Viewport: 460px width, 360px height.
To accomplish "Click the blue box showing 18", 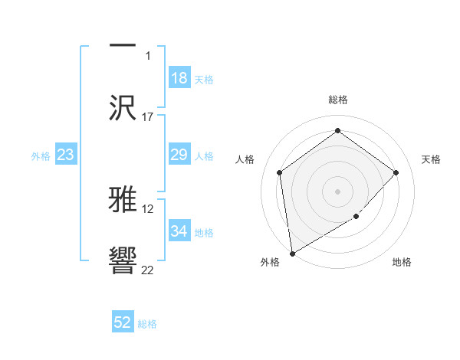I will tap(179, 78).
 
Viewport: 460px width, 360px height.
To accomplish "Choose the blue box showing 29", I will tap(179, 155).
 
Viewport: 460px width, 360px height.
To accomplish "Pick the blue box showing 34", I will tap(179, 231).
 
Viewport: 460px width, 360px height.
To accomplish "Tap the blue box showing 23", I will tap(66, 155).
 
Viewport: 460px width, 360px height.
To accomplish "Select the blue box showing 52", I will tap(123, 322).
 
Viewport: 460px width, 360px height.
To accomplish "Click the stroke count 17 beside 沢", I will tap(148, 117).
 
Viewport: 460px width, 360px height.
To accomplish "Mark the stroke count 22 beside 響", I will tap(148, 270).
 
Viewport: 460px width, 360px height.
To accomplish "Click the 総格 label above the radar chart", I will tap(338, 100).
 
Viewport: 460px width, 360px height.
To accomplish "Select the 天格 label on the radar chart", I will tap(431, 159).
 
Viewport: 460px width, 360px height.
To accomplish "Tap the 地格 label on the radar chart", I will tap(402, 262).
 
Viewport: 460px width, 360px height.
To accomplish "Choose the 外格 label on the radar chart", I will tap(270, 262).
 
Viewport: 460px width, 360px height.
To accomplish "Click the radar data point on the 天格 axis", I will tap(396, 172).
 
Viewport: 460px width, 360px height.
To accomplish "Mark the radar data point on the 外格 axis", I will tap(292, 253).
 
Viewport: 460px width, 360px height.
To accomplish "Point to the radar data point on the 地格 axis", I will tap(356, 217).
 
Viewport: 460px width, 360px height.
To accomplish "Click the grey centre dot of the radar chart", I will tap(337, 191).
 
